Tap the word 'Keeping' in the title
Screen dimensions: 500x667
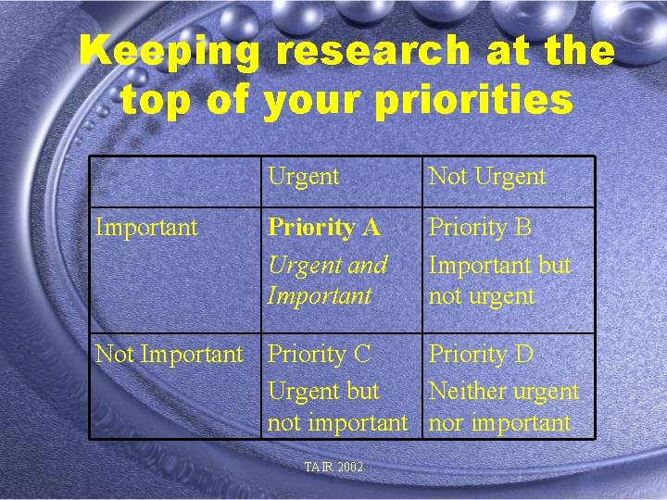point(170,52)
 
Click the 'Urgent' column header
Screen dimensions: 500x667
point(304,176)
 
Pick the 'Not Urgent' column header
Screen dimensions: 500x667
point(487,176)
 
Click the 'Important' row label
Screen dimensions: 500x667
point(146,227)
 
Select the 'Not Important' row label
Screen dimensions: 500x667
point(169,354)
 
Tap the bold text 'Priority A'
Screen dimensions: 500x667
point(324,228)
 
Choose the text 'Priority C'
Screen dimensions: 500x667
point(319,354)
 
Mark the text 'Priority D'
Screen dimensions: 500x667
point(480,354)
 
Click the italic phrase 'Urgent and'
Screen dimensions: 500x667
point(327,265)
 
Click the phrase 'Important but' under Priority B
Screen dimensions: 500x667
point(499,265)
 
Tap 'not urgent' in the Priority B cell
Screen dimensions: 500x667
point(482,296)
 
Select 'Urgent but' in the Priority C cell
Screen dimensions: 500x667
point(323,391)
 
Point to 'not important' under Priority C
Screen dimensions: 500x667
point(337,423)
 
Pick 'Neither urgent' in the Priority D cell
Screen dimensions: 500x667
point(503,391)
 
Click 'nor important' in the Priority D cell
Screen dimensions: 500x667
point(499,423)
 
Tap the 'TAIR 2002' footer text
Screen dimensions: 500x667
point(333,467)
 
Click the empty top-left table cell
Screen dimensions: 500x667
point(174,181)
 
